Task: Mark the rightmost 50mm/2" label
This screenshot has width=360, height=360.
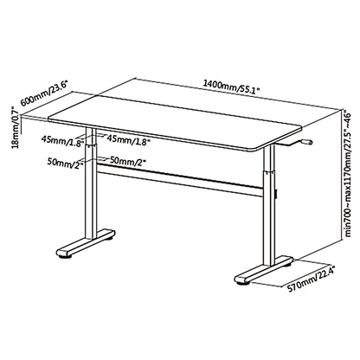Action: click(128, 161)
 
